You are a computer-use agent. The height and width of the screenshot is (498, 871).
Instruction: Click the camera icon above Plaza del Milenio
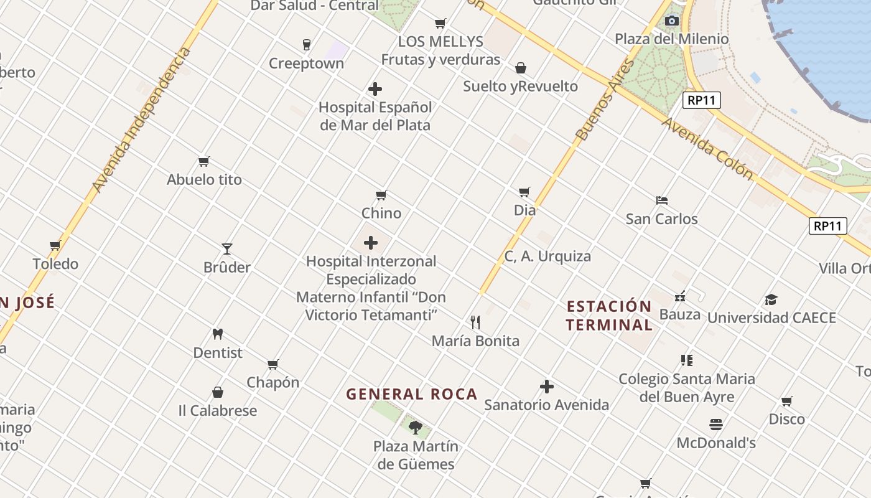671,21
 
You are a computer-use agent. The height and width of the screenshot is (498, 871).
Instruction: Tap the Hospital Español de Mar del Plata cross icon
375,89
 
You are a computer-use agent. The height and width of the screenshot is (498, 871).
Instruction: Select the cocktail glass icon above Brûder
227,249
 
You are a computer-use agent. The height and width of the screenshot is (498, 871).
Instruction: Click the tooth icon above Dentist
217,334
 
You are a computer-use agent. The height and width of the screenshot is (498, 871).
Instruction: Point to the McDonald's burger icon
715,425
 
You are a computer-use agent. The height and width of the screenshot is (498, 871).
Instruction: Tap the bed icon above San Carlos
662,200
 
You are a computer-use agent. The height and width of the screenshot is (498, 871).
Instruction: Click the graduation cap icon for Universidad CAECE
771,299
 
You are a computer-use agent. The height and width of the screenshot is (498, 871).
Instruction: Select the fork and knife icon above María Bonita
475,322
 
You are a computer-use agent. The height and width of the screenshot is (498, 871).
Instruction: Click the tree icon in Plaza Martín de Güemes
416,428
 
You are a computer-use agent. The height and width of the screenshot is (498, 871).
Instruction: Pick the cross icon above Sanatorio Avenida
546,387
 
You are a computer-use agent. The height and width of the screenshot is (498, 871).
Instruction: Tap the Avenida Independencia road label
142,120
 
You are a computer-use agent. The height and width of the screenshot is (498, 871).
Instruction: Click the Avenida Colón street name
707,148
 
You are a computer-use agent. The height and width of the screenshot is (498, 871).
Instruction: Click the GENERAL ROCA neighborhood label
412,394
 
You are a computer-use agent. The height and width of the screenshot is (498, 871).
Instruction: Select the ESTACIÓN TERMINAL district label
610,315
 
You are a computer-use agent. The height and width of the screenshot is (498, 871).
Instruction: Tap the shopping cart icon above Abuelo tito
203,162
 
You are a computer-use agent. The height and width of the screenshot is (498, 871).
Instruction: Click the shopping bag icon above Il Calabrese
218,392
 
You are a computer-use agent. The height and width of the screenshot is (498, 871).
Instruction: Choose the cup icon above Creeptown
306,45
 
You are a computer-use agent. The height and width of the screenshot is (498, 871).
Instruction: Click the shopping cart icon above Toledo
55,246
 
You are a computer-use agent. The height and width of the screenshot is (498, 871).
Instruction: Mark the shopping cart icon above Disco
787,401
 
